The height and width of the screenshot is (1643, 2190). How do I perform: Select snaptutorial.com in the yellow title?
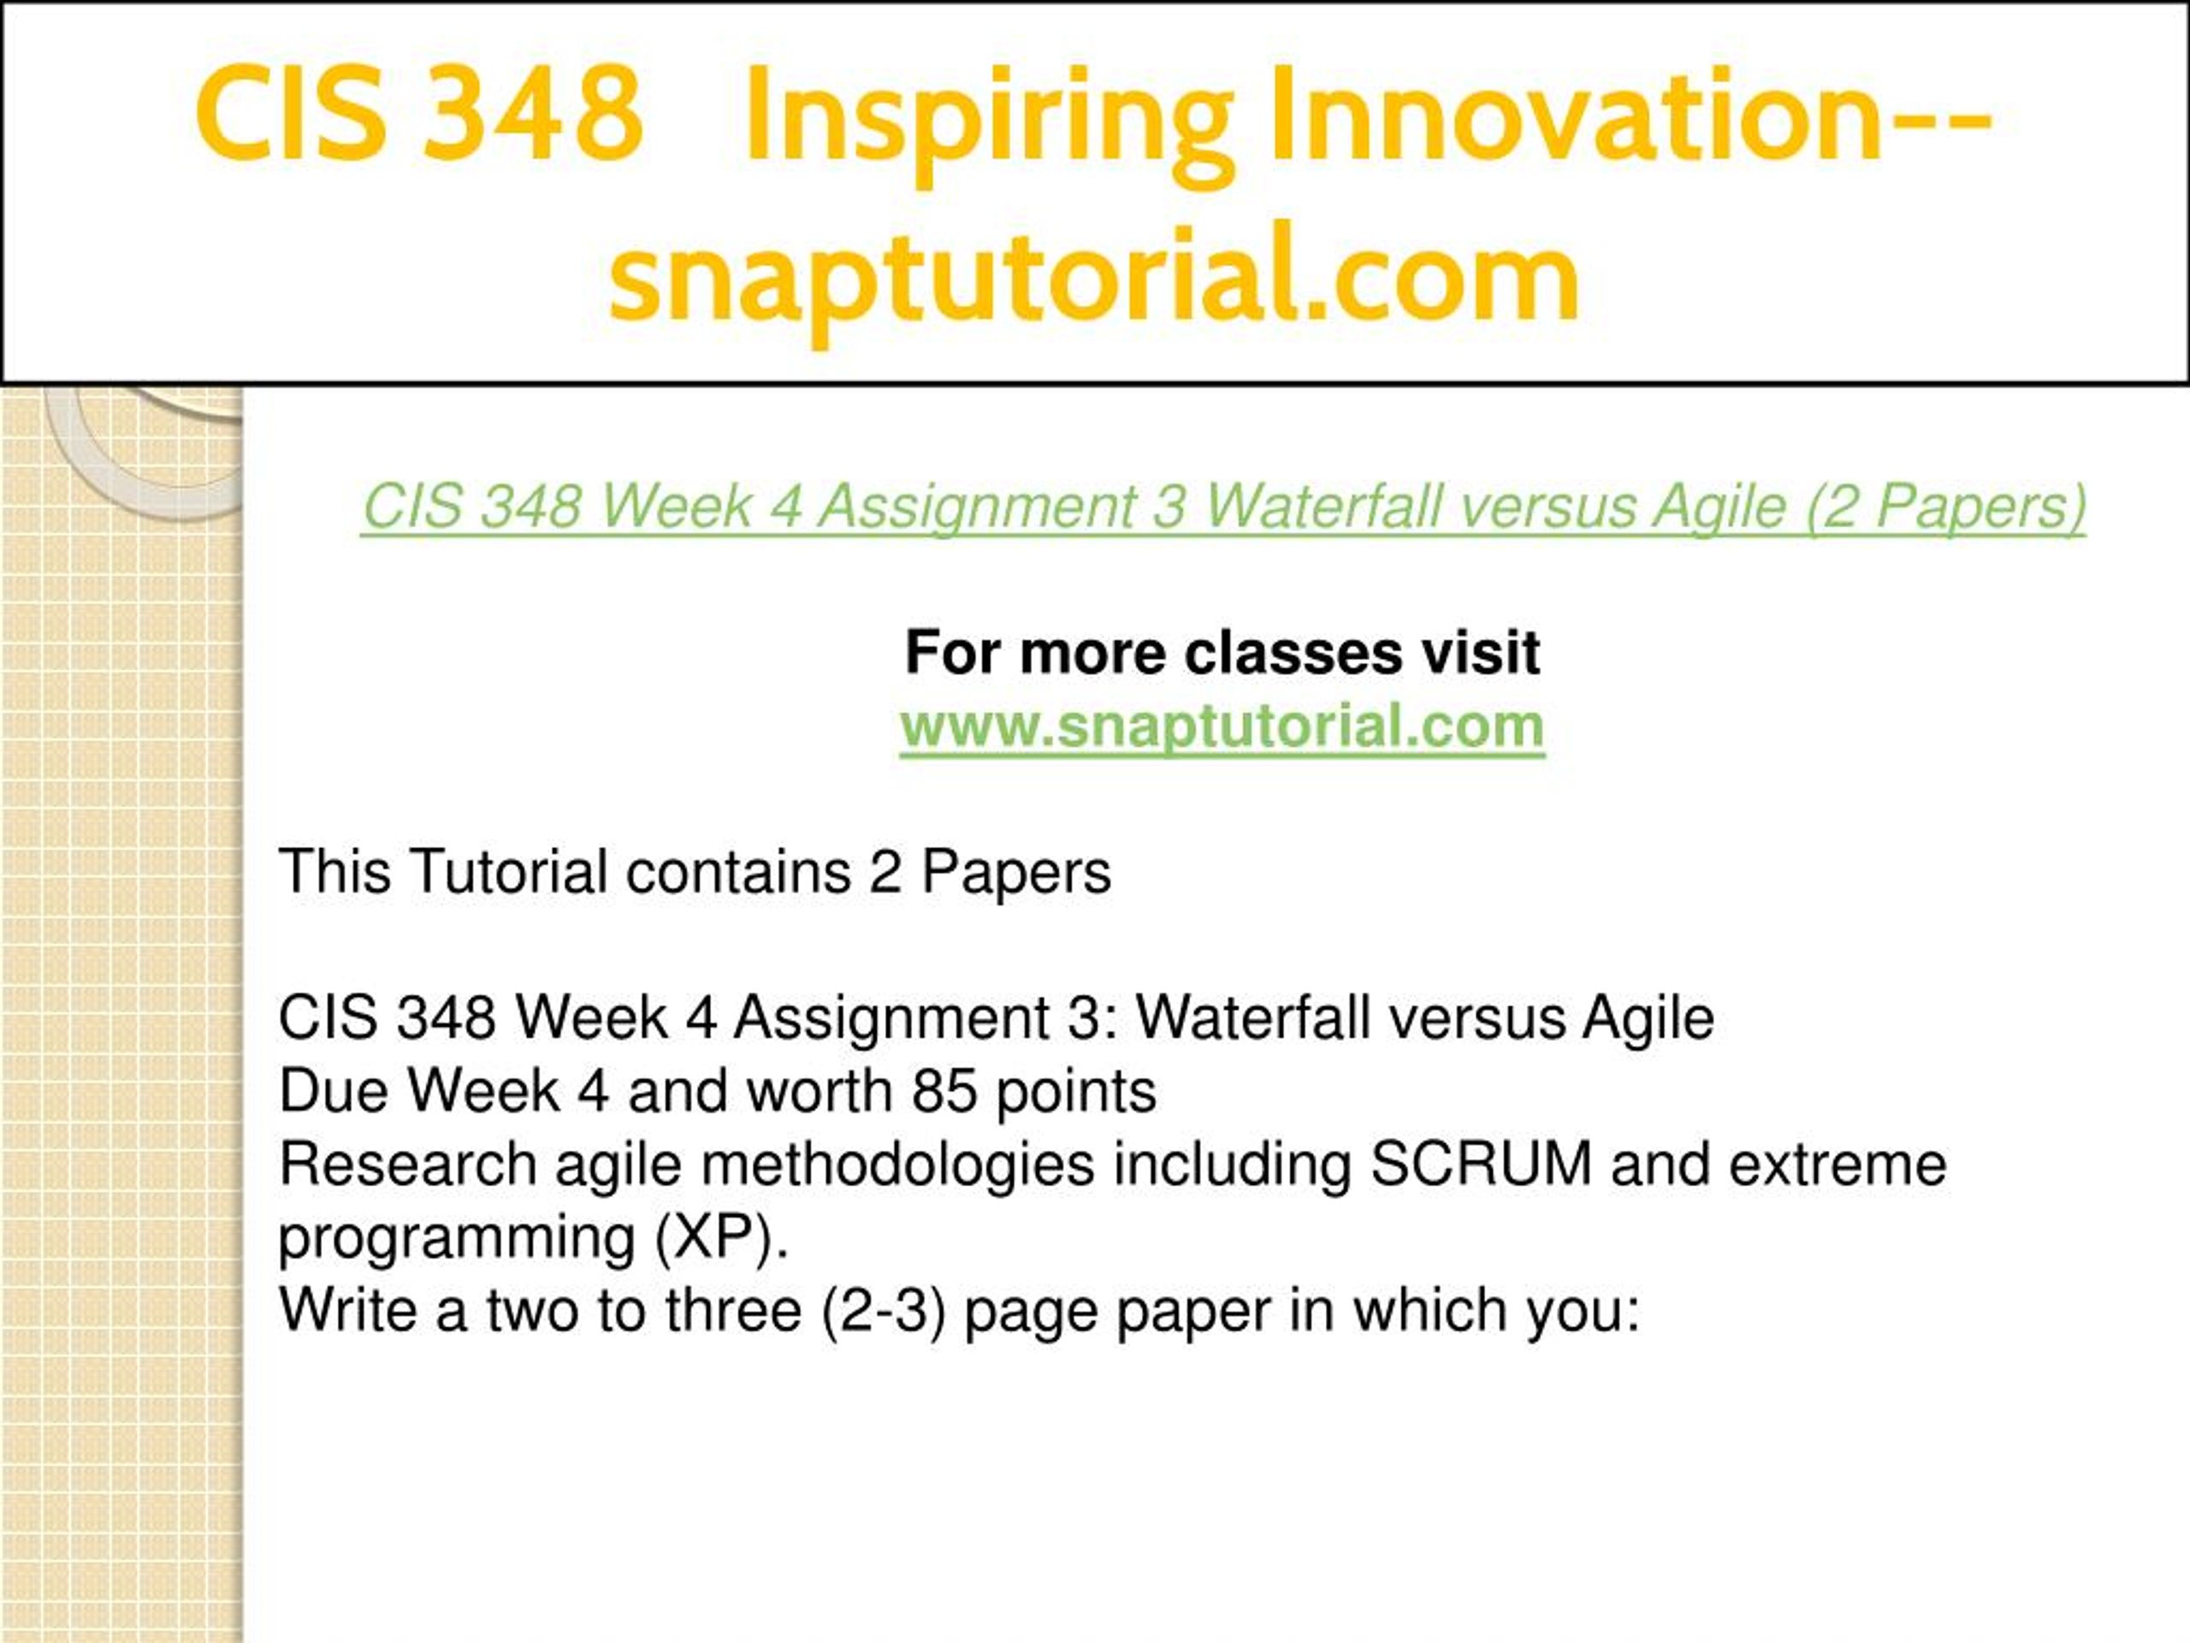pyautogui.click(x=1095, y=276)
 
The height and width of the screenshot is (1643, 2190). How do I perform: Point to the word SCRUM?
pyautogui.click(x=1481, y=1164)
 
